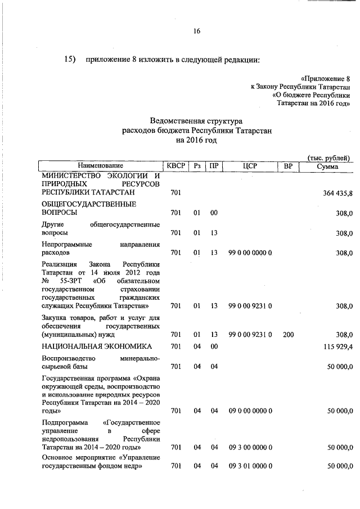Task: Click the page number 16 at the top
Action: pos(197,31)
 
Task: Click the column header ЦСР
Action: pos(250,166)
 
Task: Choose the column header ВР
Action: pos(289,166)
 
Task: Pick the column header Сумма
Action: pos(327,166)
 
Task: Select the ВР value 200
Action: pos(289,335)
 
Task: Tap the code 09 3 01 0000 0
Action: pos(250,467)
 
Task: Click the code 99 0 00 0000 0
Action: pos(250,253)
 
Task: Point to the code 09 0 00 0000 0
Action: pos(250,411)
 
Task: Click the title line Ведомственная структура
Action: pos(196,121)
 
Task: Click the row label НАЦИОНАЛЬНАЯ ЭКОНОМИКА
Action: pos(97,347)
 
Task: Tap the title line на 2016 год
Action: pos(196,140)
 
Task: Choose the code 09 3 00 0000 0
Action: pos(250,447)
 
